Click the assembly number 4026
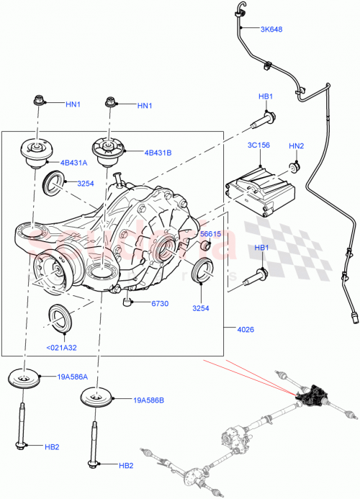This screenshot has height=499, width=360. pyautogui.click(x=244, y=331)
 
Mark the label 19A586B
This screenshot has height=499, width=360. pyautogui.click(x=148, y=400)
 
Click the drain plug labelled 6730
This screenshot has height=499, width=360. pyautogui.click(x=127, y=301)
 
